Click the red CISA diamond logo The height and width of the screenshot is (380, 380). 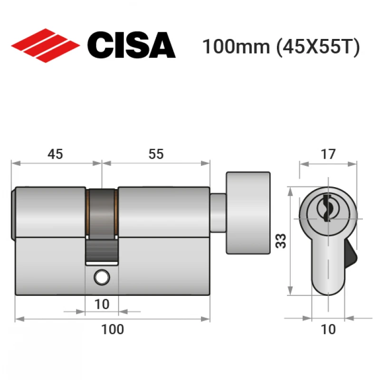pos(46,46)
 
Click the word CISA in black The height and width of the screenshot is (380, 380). pos(132,45)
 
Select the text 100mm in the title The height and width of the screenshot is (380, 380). pos(236,47)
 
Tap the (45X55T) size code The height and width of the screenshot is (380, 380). pos(318,47)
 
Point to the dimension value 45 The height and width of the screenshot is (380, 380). pos(55,154)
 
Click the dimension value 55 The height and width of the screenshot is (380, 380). pos(156,154)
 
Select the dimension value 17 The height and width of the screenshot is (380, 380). pos(328,154)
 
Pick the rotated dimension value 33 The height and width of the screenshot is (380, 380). pos(281,241)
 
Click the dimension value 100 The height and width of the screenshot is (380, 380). pos(113,329)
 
